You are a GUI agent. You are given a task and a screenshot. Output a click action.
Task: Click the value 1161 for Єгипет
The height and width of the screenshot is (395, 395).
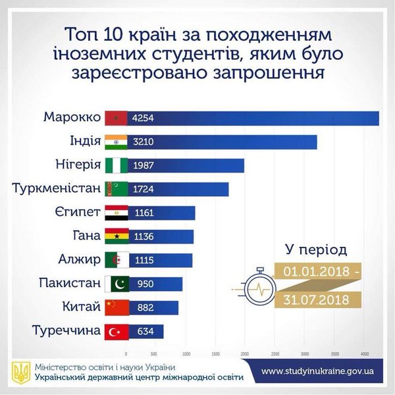143,213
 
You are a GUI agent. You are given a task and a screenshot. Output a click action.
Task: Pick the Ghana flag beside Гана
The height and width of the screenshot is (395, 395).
117,236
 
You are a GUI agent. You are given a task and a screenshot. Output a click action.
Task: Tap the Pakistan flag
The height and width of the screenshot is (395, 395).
117,284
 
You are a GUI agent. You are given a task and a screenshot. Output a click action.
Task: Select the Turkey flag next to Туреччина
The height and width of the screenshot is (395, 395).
117,331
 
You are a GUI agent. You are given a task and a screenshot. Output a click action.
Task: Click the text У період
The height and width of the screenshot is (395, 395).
315,250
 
